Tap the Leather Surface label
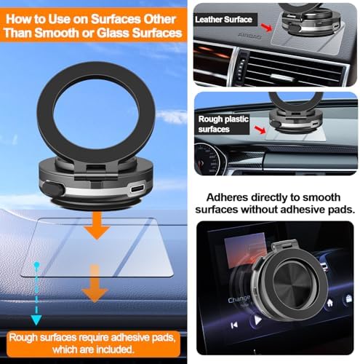click(x=223, y=20)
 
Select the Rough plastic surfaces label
click(x=223, y=124)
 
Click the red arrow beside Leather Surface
click(x=266, y=28)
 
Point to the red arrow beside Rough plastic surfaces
click(x=260, y=130)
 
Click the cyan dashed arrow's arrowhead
click(x=36, y=320)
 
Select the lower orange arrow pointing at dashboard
click(x=95, y=283)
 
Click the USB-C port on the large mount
click(x=137, y=189)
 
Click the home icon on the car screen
click(x=329, y=303)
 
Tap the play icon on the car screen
click(x=257, y=320)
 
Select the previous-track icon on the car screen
click(x=234, y=325)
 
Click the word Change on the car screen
click(x=239, y=299)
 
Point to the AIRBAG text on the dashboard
click(x=249, y=36)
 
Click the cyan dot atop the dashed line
click(x=36, y=264)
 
